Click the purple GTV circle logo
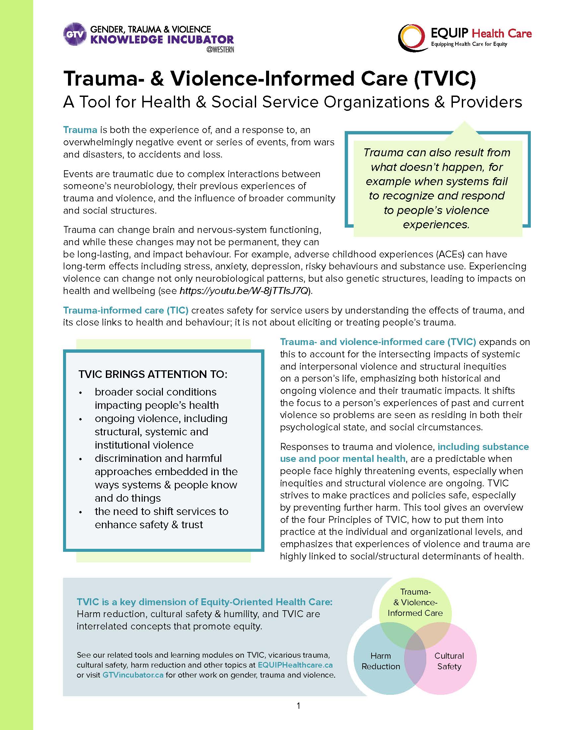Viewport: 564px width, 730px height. point(75,34)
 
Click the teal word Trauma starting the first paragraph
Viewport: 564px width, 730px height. point(80,130)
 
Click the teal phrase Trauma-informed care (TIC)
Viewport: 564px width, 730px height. point(126,310)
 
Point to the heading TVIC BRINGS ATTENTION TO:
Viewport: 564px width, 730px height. point(153,374)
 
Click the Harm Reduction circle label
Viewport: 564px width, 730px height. point(381,661)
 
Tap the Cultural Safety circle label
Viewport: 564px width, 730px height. point(449,661)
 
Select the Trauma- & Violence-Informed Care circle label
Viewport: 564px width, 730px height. point(415,602)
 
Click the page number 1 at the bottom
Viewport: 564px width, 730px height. point(298,705)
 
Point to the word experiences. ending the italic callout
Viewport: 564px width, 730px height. point(436,225)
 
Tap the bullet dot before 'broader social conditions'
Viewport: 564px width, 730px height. point(81,393)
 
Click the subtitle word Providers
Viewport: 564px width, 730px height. point(486,102)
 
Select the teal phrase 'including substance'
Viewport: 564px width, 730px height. point(483,447)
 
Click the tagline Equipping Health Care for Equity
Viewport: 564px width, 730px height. point(469,44)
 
